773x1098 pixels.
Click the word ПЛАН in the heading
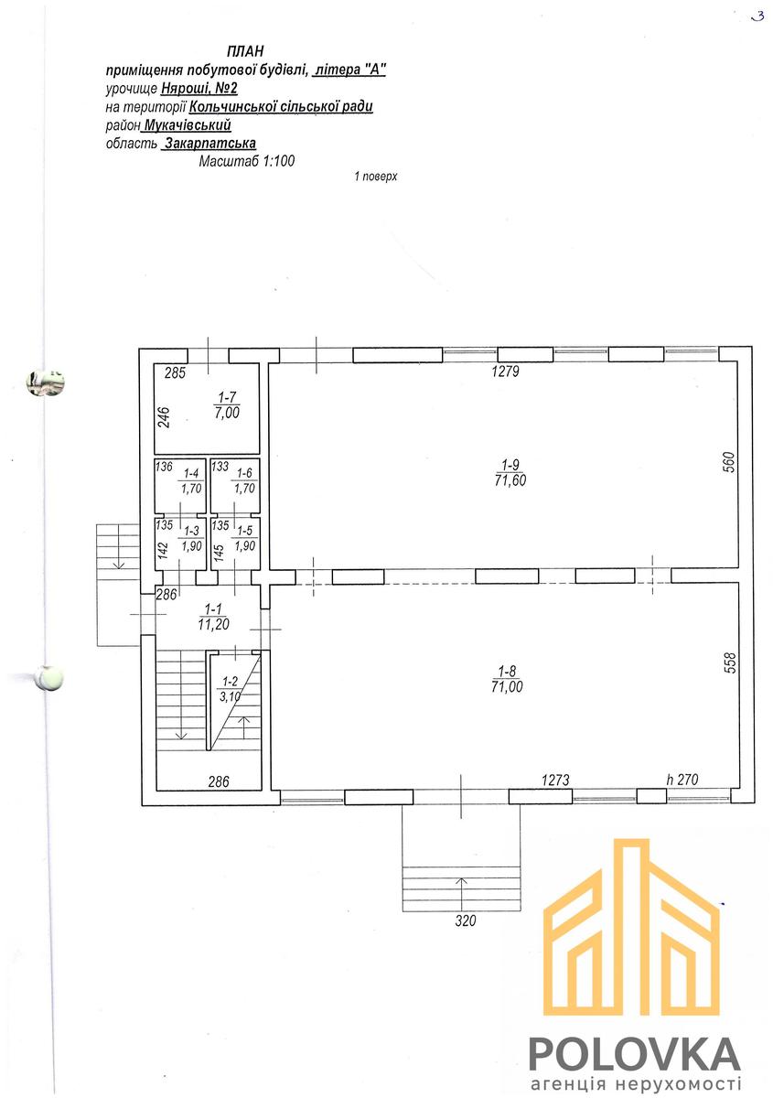[x=245, y=51]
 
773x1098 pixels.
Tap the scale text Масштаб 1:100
[x=247, y=161]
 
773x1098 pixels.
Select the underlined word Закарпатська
[x=210, y=143]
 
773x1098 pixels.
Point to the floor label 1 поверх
[x=375, y=177]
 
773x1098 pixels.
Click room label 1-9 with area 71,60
[x=510, y=473]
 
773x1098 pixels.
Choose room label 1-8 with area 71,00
[x=508, y=679]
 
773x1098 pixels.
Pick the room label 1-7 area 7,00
[x=227, y=404]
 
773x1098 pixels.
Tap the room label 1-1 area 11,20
[x=214, y=617]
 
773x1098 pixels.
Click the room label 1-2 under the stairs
[x=230, y=688]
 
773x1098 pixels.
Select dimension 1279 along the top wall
[x=505, y=371]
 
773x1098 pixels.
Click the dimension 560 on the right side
[x=729, y=462]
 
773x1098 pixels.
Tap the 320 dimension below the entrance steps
[x=466, y=921]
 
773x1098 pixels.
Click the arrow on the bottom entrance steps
[x=461, y=892]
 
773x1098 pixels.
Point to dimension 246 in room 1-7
[x=165, y=417]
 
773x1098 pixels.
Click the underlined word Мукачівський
[x=188, y=125]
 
